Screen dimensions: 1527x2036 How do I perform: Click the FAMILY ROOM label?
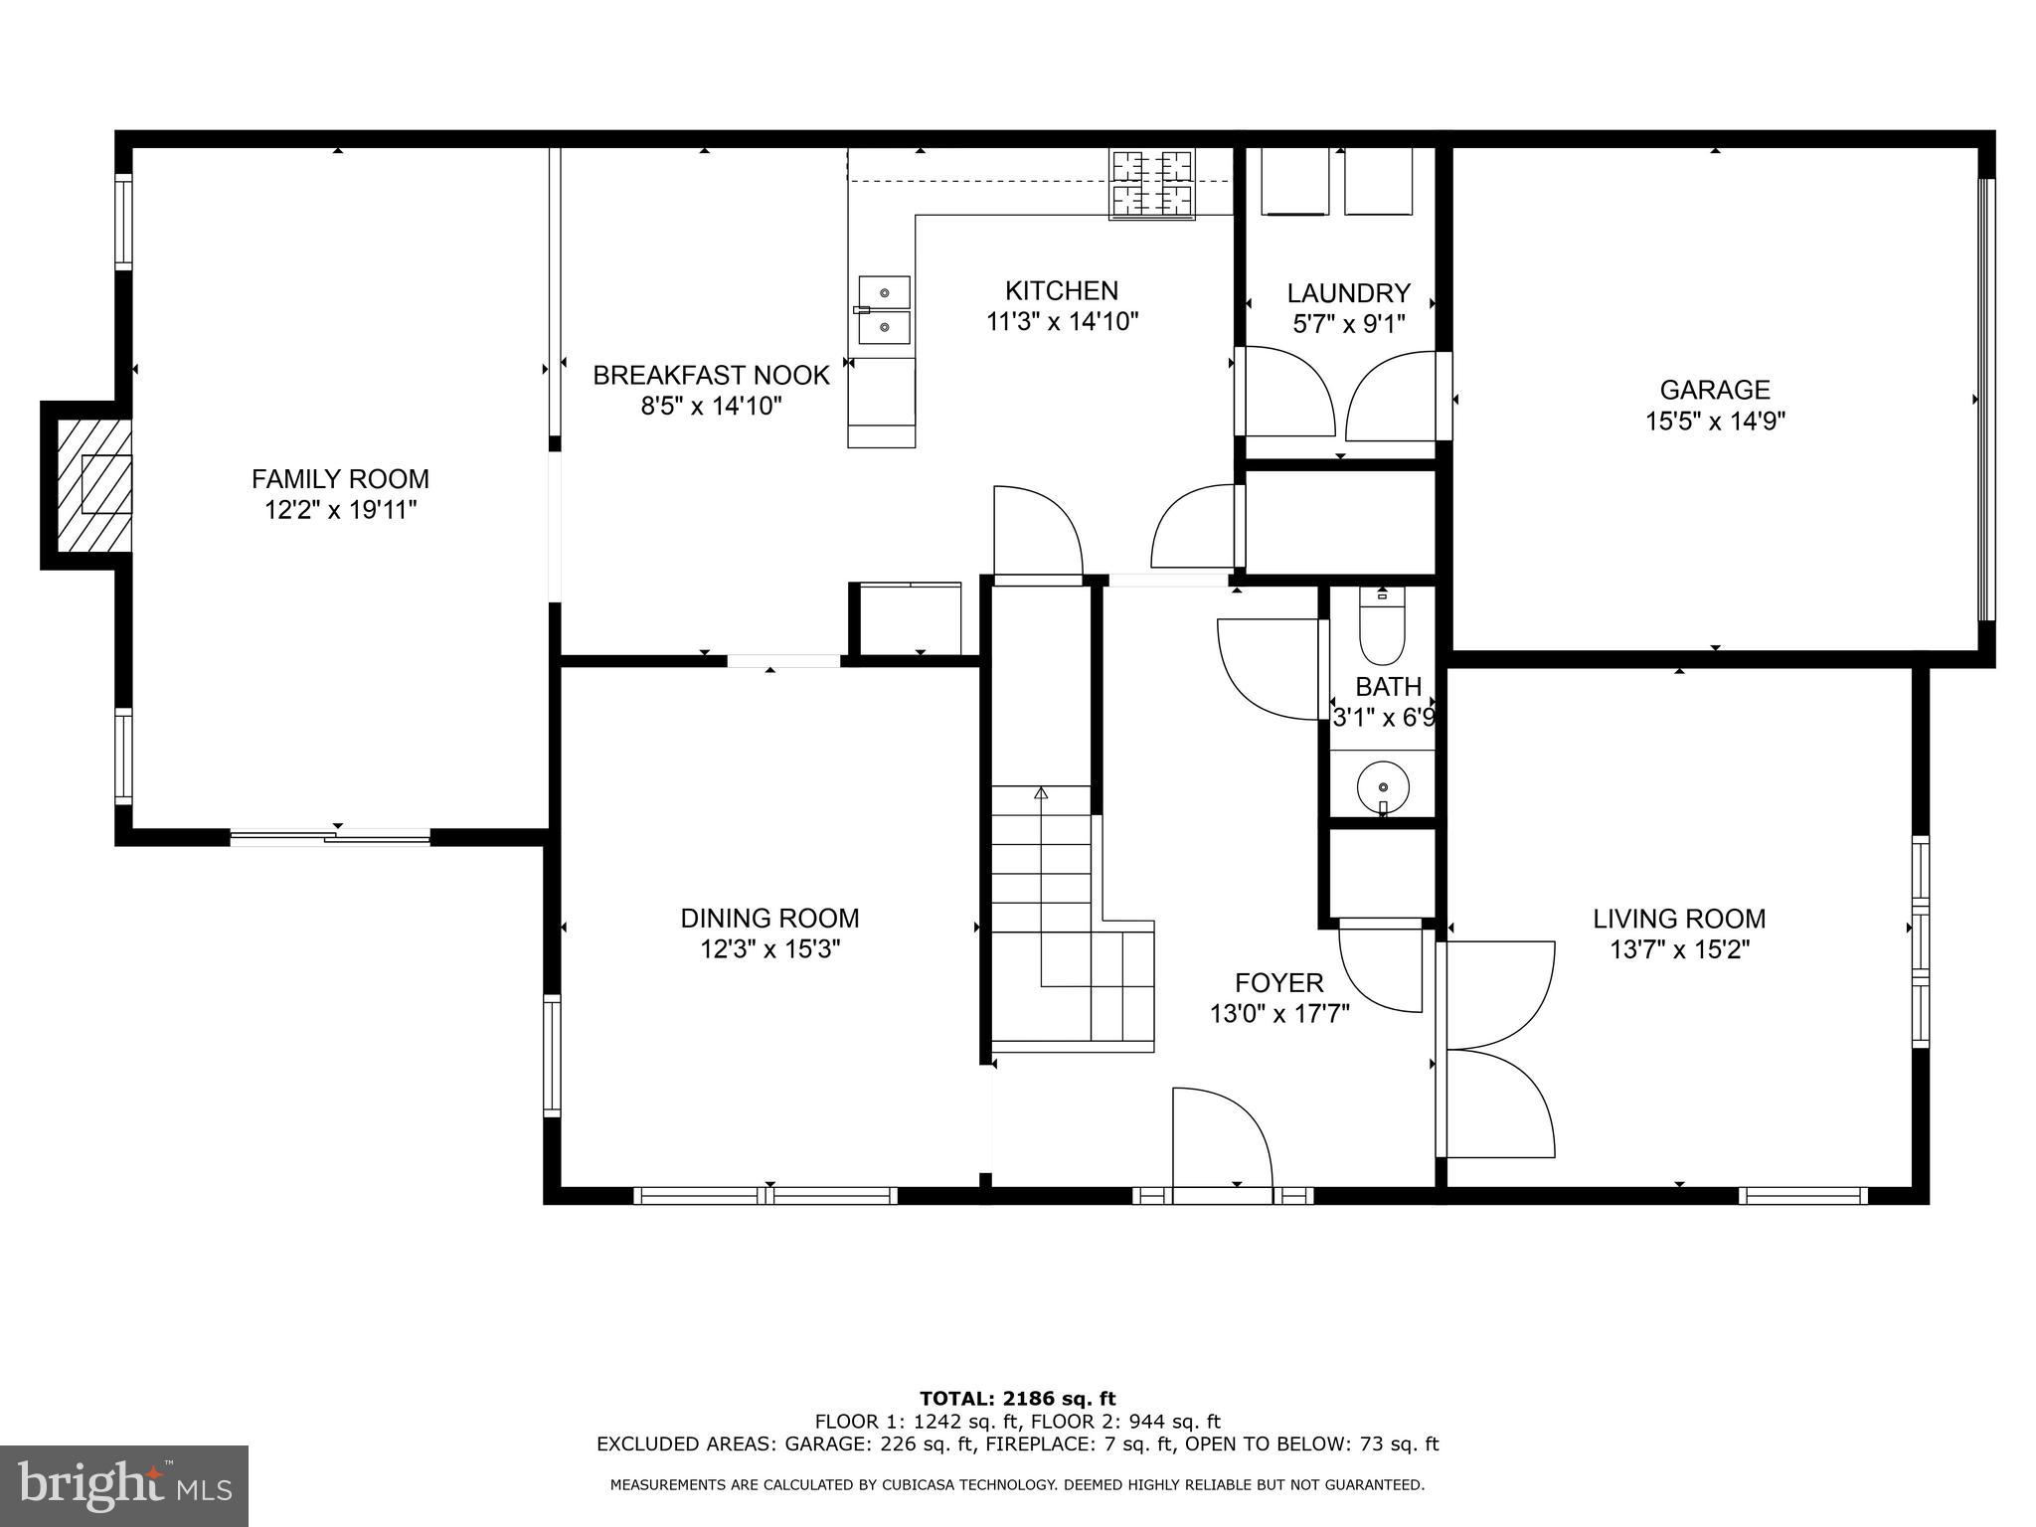click(340, 479)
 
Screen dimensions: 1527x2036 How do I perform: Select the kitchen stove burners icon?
click(1152, 183)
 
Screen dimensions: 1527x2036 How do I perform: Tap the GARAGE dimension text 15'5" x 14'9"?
click(1715, 422)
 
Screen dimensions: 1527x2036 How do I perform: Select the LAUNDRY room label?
click(1348, 293)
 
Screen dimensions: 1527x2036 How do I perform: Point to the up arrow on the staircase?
click(1041, 793)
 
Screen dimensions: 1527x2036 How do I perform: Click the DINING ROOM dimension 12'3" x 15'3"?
click(770, 949)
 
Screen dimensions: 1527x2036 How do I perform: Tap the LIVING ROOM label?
click(1679, 919)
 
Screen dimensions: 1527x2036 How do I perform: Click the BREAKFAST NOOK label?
click(711, 376)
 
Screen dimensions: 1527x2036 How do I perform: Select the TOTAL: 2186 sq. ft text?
click(1017, 1399)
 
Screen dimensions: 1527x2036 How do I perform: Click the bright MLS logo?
click(124, 1486)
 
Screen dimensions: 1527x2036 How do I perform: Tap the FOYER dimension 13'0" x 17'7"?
click(1278, 1014)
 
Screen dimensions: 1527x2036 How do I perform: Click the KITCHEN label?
click(1062, 290)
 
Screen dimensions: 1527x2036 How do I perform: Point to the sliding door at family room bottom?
click(330, 837)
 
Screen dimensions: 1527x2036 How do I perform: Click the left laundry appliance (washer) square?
click(1294, 181)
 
